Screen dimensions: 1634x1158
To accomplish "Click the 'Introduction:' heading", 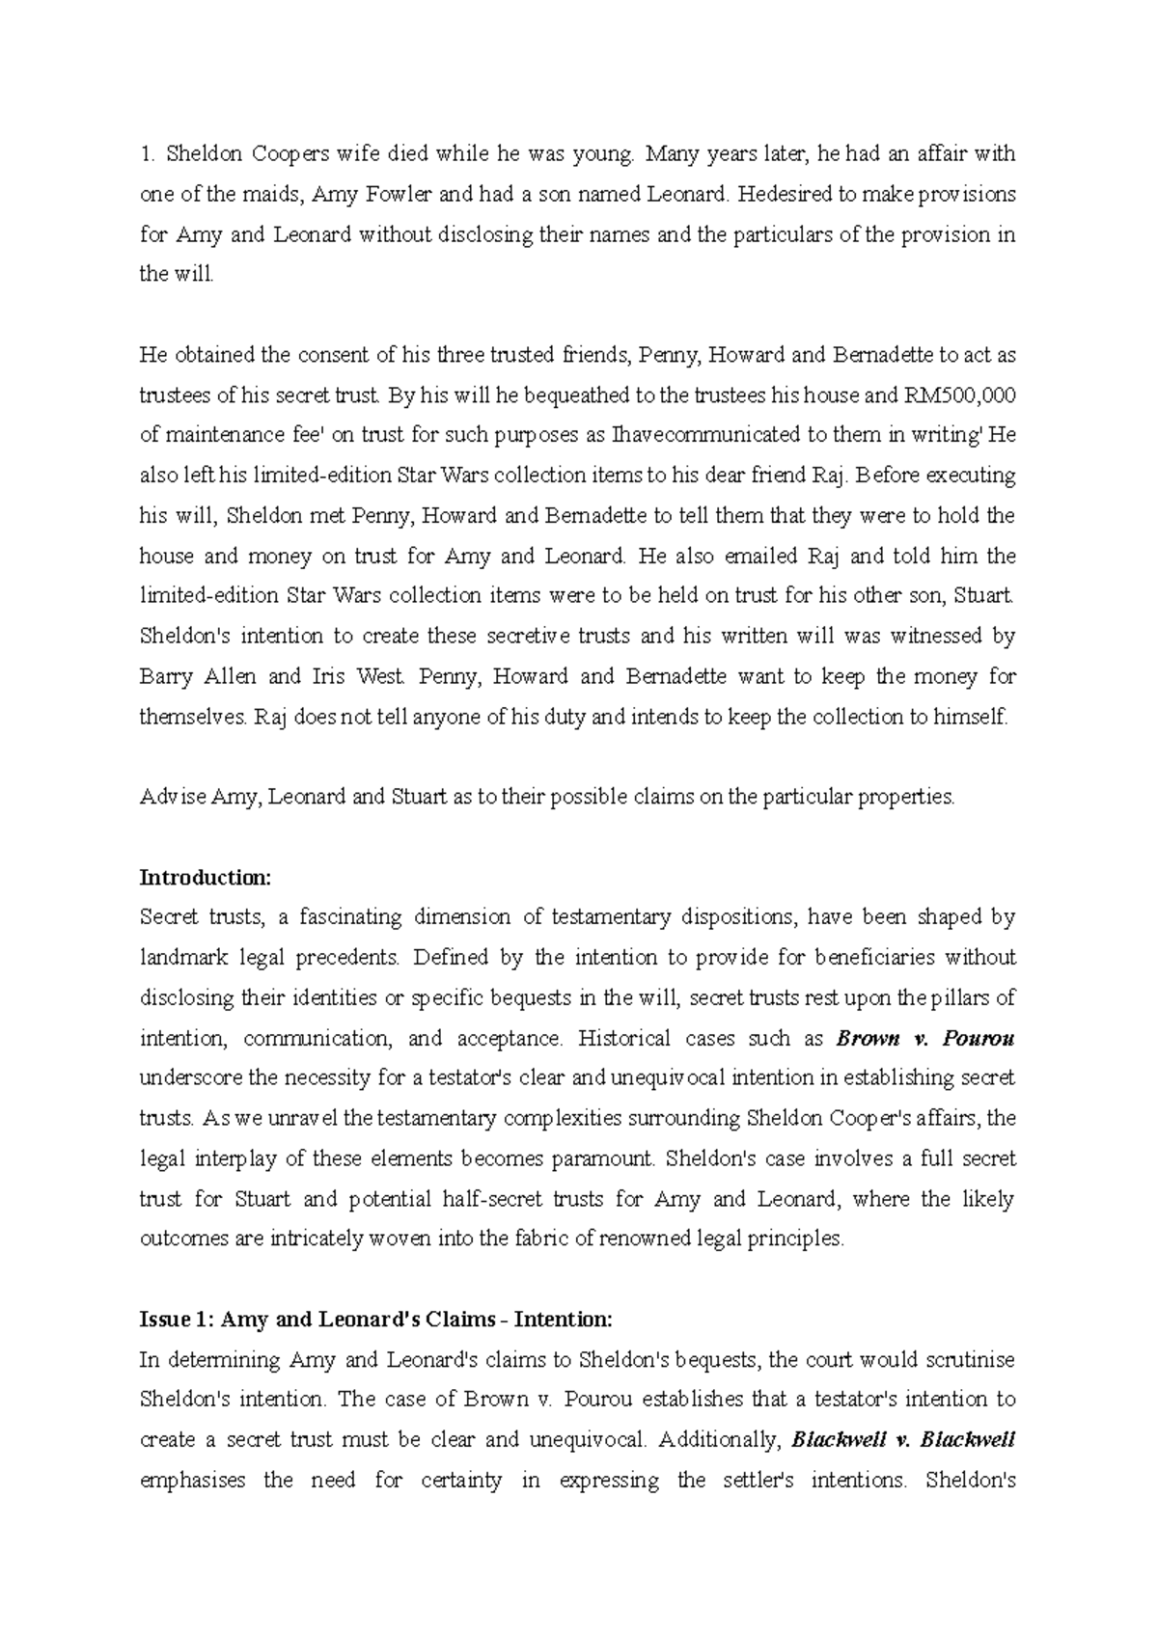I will pyautogui.click(x=207, y=878).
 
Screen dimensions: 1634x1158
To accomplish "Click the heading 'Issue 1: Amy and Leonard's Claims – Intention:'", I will pyautogui.click(x=376, y=1320).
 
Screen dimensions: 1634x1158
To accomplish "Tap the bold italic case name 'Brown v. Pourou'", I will pyautogui.click(x=924, y=1039).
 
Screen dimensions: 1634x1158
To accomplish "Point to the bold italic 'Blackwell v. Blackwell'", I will pyautogui.click(x=902, y=1440).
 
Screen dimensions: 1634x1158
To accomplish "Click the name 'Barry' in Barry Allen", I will pyautogui.click(x=166, y=676).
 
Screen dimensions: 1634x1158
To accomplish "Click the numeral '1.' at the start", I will pyautogui.click(x=148, y=154).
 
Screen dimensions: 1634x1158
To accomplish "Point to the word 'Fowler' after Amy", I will pyautogui.click(x=398, y=194).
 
